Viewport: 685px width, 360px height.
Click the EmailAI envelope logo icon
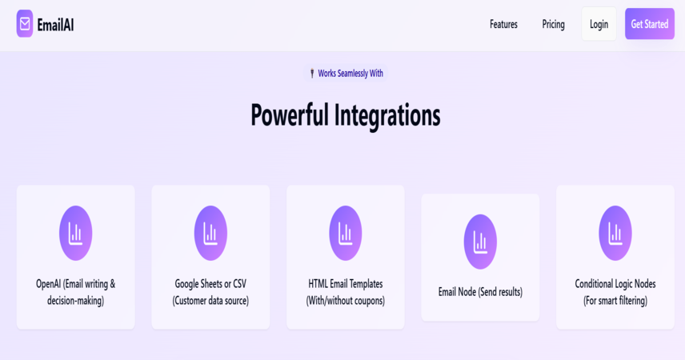25,23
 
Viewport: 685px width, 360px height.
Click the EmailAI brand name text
55,25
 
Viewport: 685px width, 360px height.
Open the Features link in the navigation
503,24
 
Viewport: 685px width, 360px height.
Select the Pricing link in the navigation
553,25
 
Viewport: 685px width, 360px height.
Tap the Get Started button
650,23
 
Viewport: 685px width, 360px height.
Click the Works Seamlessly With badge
346,74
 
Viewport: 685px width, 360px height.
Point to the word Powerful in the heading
289,115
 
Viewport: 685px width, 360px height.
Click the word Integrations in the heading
387,116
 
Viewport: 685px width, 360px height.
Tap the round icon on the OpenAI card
75,234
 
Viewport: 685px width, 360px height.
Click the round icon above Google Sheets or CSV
210,234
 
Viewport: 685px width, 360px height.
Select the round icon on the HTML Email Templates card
346,234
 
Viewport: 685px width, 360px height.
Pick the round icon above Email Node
480,242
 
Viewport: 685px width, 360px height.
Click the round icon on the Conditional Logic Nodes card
615,234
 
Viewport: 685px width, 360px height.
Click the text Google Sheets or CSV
210,284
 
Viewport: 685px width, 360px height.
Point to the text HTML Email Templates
346,284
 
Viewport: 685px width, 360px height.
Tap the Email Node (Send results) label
480,292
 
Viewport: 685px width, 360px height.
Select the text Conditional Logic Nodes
615,284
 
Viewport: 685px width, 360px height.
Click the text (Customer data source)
210,301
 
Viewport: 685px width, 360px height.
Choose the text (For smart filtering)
615,301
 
